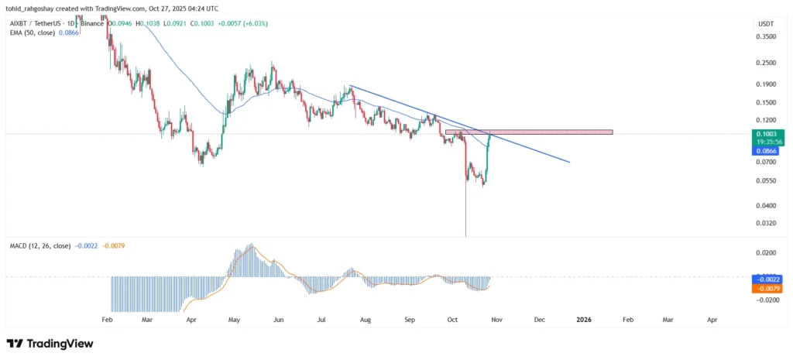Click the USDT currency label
764,25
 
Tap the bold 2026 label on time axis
583,319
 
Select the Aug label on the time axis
366,319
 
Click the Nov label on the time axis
496,319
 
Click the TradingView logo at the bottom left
50,343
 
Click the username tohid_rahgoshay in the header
36,8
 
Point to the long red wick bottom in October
466,235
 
